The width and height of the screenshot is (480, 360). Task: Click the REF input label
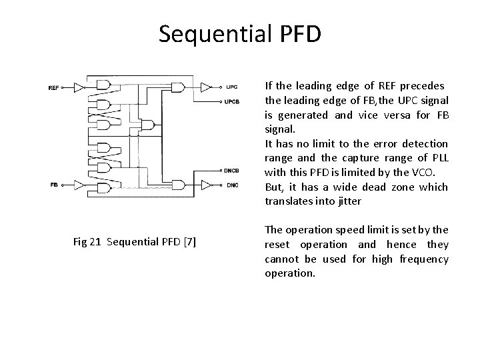pyautogui.click(x=53, y=87)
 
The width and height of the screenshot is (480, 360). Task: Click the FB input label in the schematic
pyautogui.click(x=53, y=185)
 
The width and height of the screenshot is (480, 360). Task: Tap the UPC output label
pyautogui.click(x=231, y=87)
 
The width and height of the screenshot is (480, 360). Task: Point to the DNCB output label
pyautogui.click(x=233, y=170)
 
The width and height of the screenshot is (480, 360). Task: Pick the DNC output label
pyautogui.click(x=231, y=185)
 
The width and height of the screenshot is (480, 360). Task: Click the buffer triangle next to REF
pyautogui.click(x=79, y=87)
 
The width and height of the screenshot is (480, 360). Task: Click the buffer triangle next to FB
pyautogui.click(x=79, y=185)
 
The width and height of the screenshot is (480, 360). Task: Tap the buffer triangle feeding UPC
pyautogui.click(x=207, y=87)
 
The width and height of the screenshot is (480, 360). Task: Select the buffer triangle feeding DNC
pyautogui.click(x=207, y=185)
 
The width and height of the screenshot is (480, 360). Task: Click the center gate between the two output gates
pyautogui.click(x=149, y=124)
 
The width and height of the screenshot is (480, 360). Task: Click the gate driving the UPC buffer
pyautogui.click(x=178, y=87)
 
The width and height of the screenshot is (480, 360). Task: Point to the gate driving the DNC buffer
pyautogui.click(x=178, y=185)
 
